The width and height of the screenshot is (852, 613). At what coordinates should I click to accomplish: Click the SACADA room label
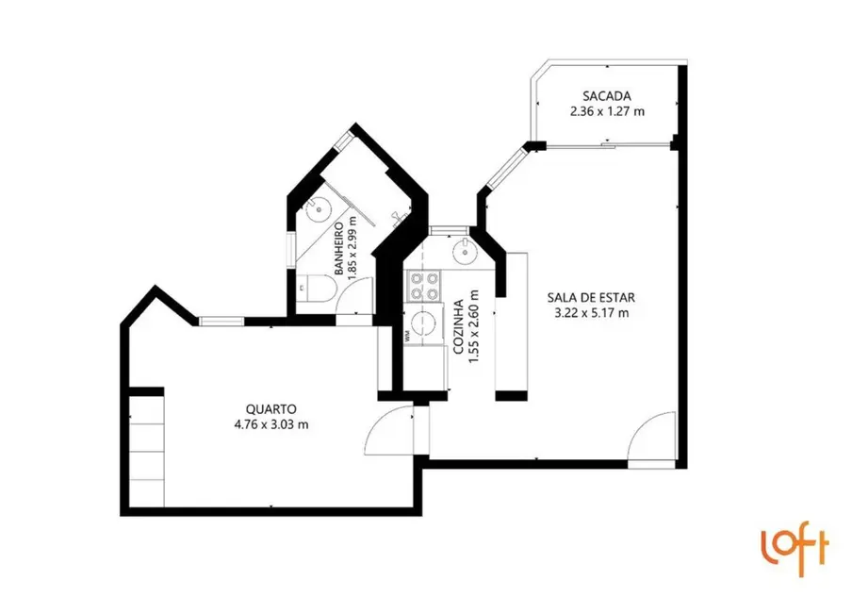click(606, 96)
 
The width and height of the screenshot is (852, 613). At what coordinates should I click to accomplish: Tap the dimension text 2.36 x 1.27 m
click(606, 111)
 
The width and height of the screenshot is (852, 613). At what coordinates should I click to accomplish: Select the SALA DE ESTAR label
click(588, 298)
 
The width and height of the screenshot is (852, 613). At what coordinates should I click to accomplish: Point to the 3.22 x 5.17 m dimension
click(588, 313)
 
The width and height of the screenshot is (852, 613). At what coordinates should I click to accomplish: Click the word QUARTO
click(271, 409)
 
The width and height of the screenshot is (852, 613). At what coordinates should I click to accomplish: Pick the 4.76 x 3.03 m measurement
click(271, 424)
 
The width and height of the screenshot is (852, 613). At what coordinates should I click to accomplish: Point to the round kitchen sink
click(466, 251)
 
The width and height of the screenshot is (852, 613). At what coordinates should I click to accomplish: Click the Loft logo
click(795, 547)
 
